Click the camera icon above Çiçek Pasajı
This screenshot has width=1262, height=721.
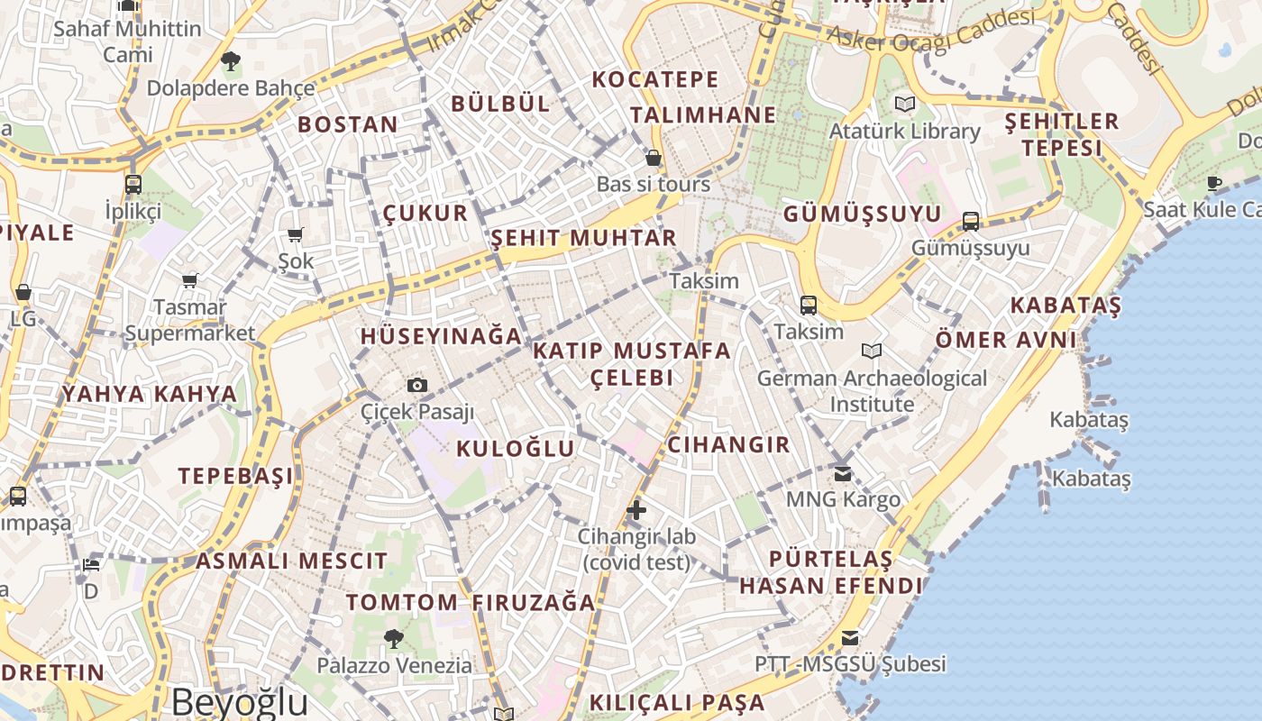pos(416,386)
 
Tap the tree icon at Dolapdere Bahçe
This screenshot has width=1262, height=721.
pos(231,61)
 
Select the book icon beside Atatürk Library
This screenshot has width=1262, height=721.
pos(904,104)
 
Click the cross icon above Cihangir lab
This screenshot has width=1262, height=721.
pos(636,510)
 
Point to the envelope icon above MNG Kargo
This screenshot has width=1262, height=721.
pos(843,473)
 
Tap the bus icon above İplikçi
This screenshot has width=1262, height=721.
pos(133,185)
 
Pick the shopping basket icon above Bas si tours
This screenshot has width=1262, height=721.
pos(654,159)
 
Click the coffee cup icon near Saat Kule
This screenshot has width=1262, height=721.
pos(1214,183)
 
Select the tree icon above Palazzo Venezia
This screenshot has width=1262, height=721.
pos(393,639)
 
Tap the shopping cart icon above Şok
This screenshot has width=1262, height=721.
pos(295,235)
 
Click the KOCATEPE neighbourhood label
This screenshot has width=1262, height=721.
pos(655,79)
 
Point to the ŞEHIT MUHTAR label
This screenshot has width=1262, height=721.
pos(583,239)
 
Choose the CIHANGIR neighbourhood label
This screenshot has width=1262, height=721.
pos(728,444)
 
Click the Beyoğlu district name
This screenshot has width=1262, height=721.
pos(239,702)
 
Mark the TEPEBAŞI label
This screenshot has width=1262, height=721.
pos(235,476)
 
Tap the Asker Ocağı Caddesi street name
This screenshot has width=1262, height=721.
pos(930,31)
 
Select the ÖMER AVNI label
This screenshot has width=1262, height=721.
pos(1006,340)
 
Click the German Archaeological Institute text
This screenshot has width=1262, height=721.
pos(872,390)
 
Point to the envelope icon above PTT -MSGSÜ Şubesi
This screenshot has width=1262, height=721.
pos(850,638)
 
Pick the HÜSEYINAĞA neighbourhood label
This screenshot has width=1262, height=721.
pos(441,336)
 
